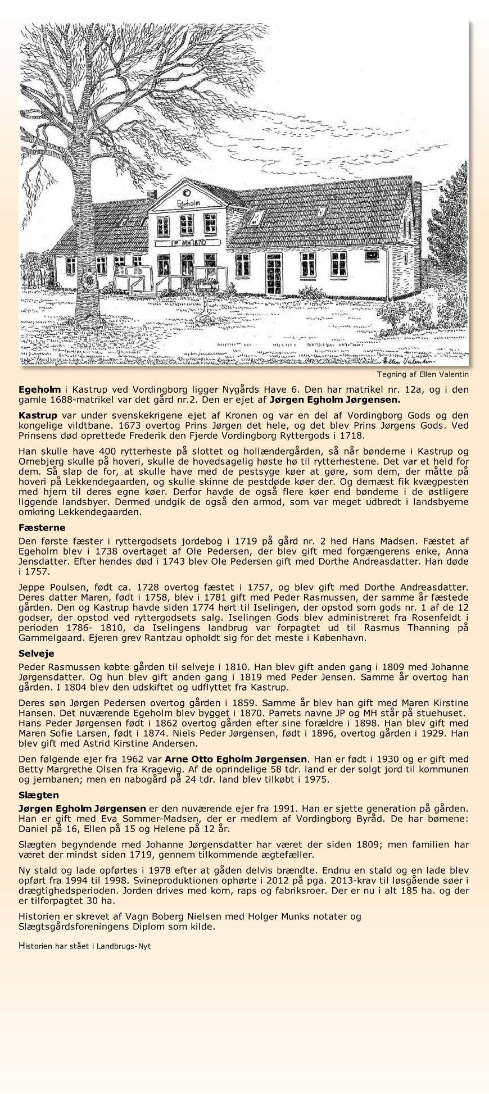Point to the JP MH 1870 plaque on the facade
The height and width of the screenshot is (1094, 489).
181,243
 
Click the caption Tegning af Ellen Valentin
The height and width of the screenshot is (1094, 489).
423,374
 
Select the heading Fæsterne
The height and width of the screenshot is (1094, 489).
42,528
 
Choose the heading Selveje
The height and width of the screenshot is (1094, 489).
36,653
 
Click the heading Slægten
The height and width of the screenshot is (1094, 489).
38,795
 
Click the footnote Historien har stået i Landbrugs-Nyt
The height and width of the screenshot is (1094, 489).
84,946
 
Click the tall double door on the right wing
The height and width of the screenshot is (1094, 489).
274,274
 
